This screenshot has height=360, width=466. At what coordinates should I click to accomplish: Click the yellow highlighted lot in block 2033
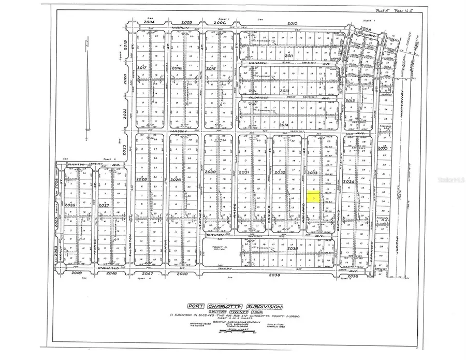click(314, 197)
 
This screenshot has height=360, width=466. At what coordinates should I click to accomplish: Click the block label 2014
click(283, 125)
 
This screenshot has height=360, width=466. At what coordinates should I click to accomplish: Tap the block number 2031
click(244, 172)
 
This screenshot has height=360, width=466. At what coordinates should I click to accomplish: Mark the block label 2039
click(293, 249)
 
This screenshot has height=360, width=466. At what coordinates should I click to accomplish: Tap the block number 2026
click(70, 205)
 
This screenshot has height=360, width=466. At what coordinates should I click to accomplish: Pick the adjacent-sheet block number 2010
click(293, 23)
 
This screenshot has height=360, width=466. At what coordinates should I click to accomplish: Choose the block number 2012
click(350, 100)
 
